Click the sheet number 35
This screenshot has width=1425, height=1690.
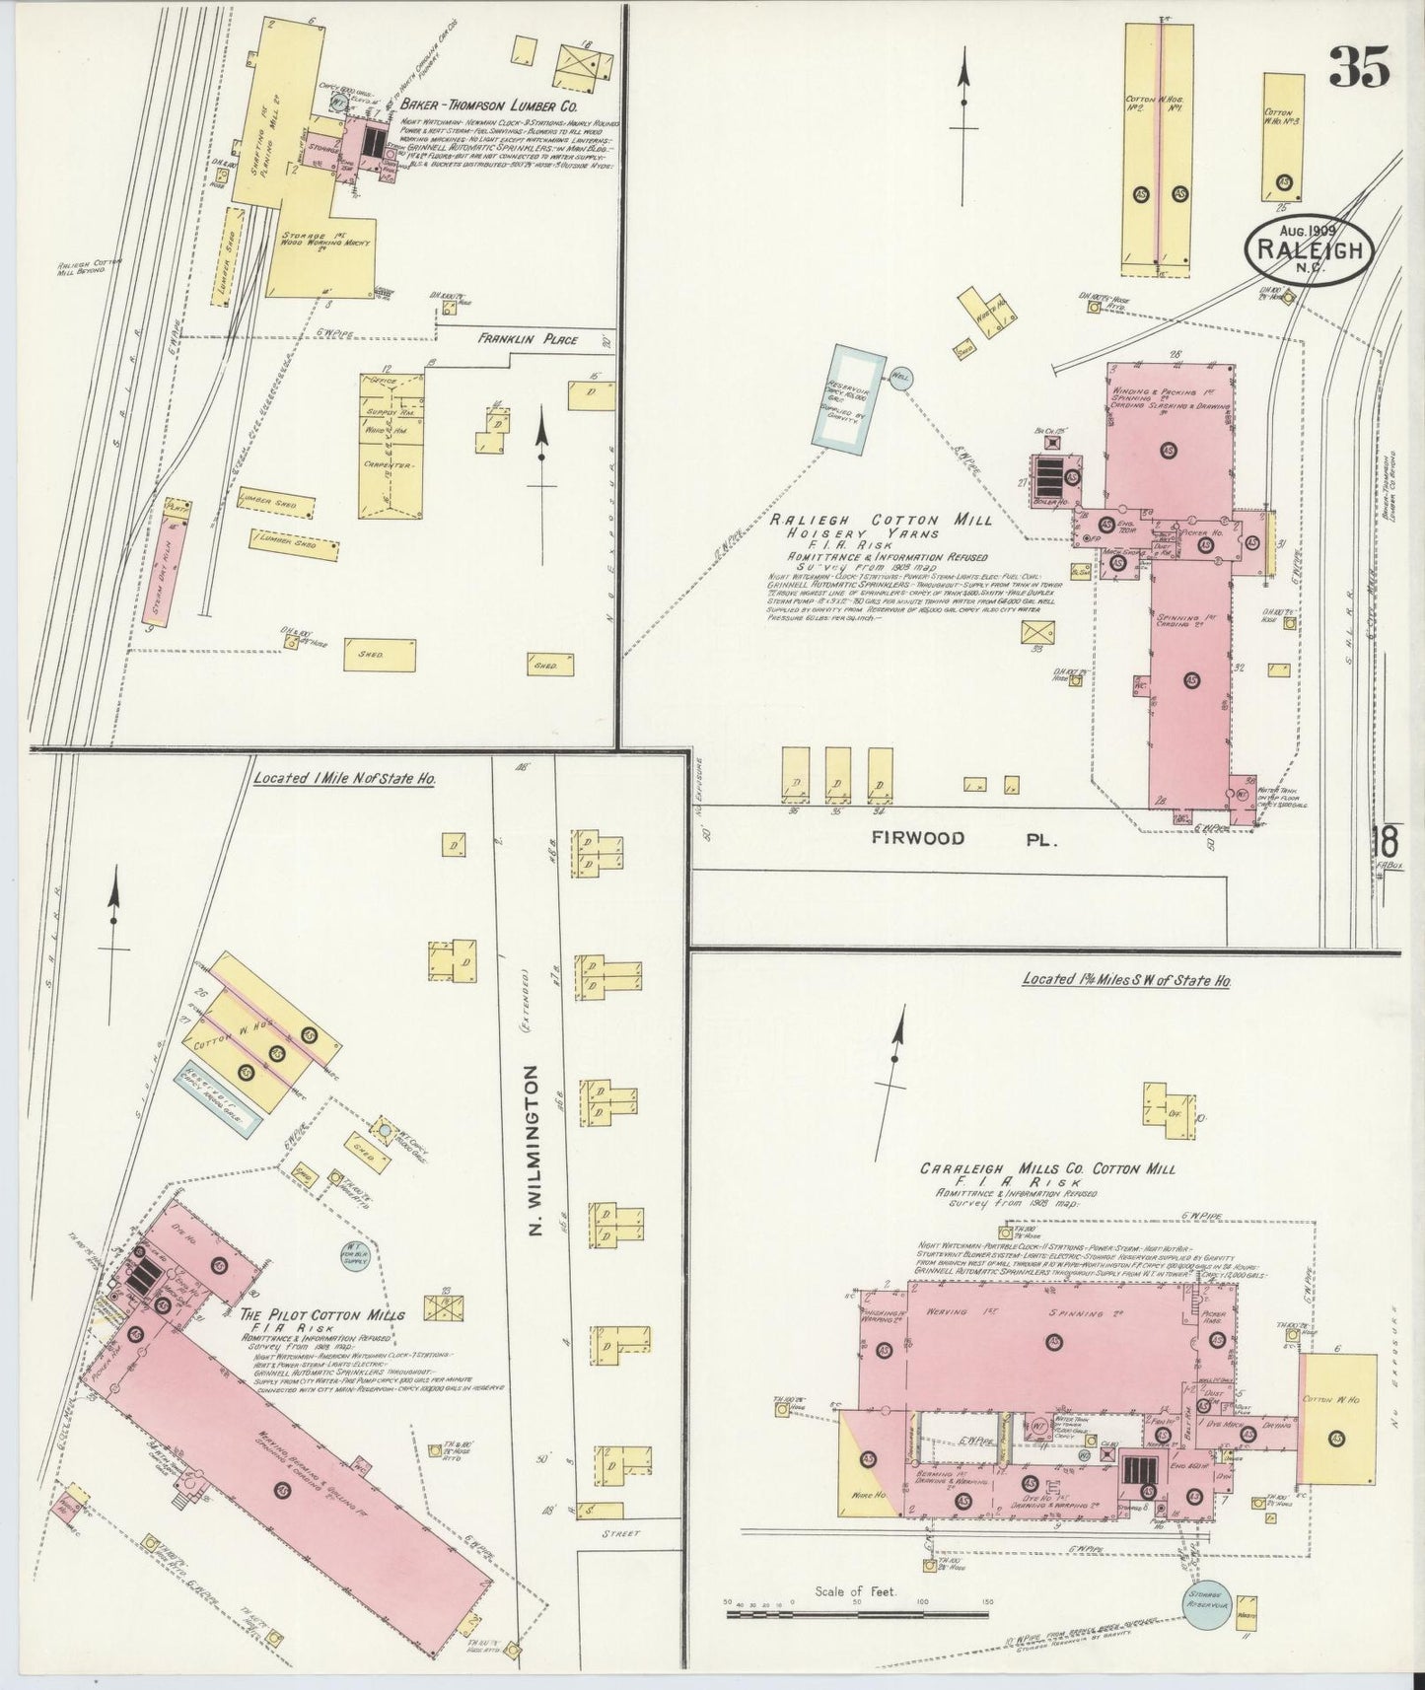click(1358, 68)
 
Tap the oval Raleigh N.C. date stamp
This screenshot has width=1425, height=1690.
click(1310, 250)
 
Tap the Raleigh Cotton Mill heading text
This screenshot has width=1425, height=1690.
click(882, 520)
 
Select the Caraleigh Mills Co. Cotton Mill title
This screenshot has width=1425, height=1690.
click(1047, 1168)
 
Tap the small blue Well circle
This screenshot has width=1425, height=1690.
click(900, 376)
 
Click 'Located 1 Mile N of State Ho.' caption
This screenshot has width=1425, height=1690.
click(344, 778)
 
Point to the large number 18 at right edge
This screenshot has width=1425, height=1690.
click(1387, 845)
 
